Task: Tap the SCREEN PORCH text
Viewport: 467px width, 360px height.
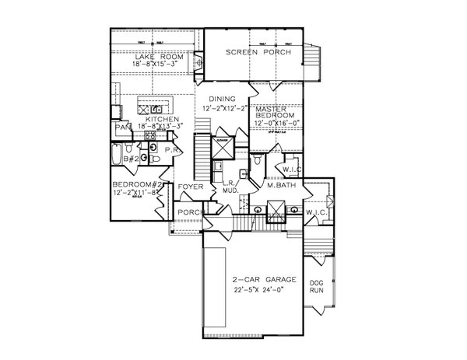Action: coord(258,53)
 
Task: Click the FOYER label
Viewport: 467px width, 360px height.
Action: coord(191,187)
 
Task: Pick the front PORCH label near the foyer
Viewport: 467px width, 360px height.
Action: coord(191,211)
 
